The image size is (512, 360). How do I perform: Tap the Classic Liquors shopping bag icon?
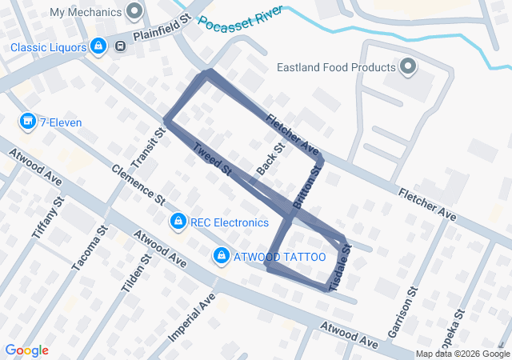coord(98,47)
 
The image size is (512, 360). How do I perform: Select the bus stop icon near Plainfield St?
coord(120,46)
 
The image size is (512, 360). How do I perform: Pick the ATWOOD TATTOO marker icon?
coord(219,256)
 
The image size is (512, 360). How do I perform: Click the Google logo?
coord(26,350)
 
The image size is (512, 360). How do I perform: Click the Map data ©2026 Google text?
coord(462,354)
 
